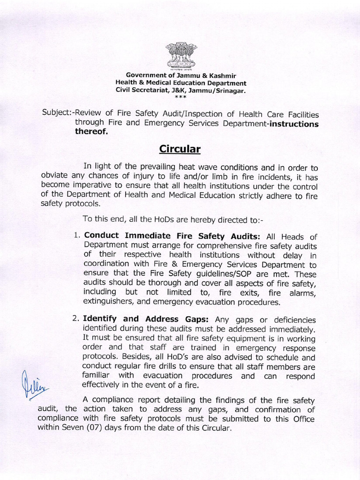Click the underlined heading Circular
pos(180,149)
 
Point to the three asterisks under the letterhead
pos(180,97)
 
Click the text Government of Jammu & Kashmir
pos(180,75)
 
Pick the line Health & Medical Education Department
pos(180,82)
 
